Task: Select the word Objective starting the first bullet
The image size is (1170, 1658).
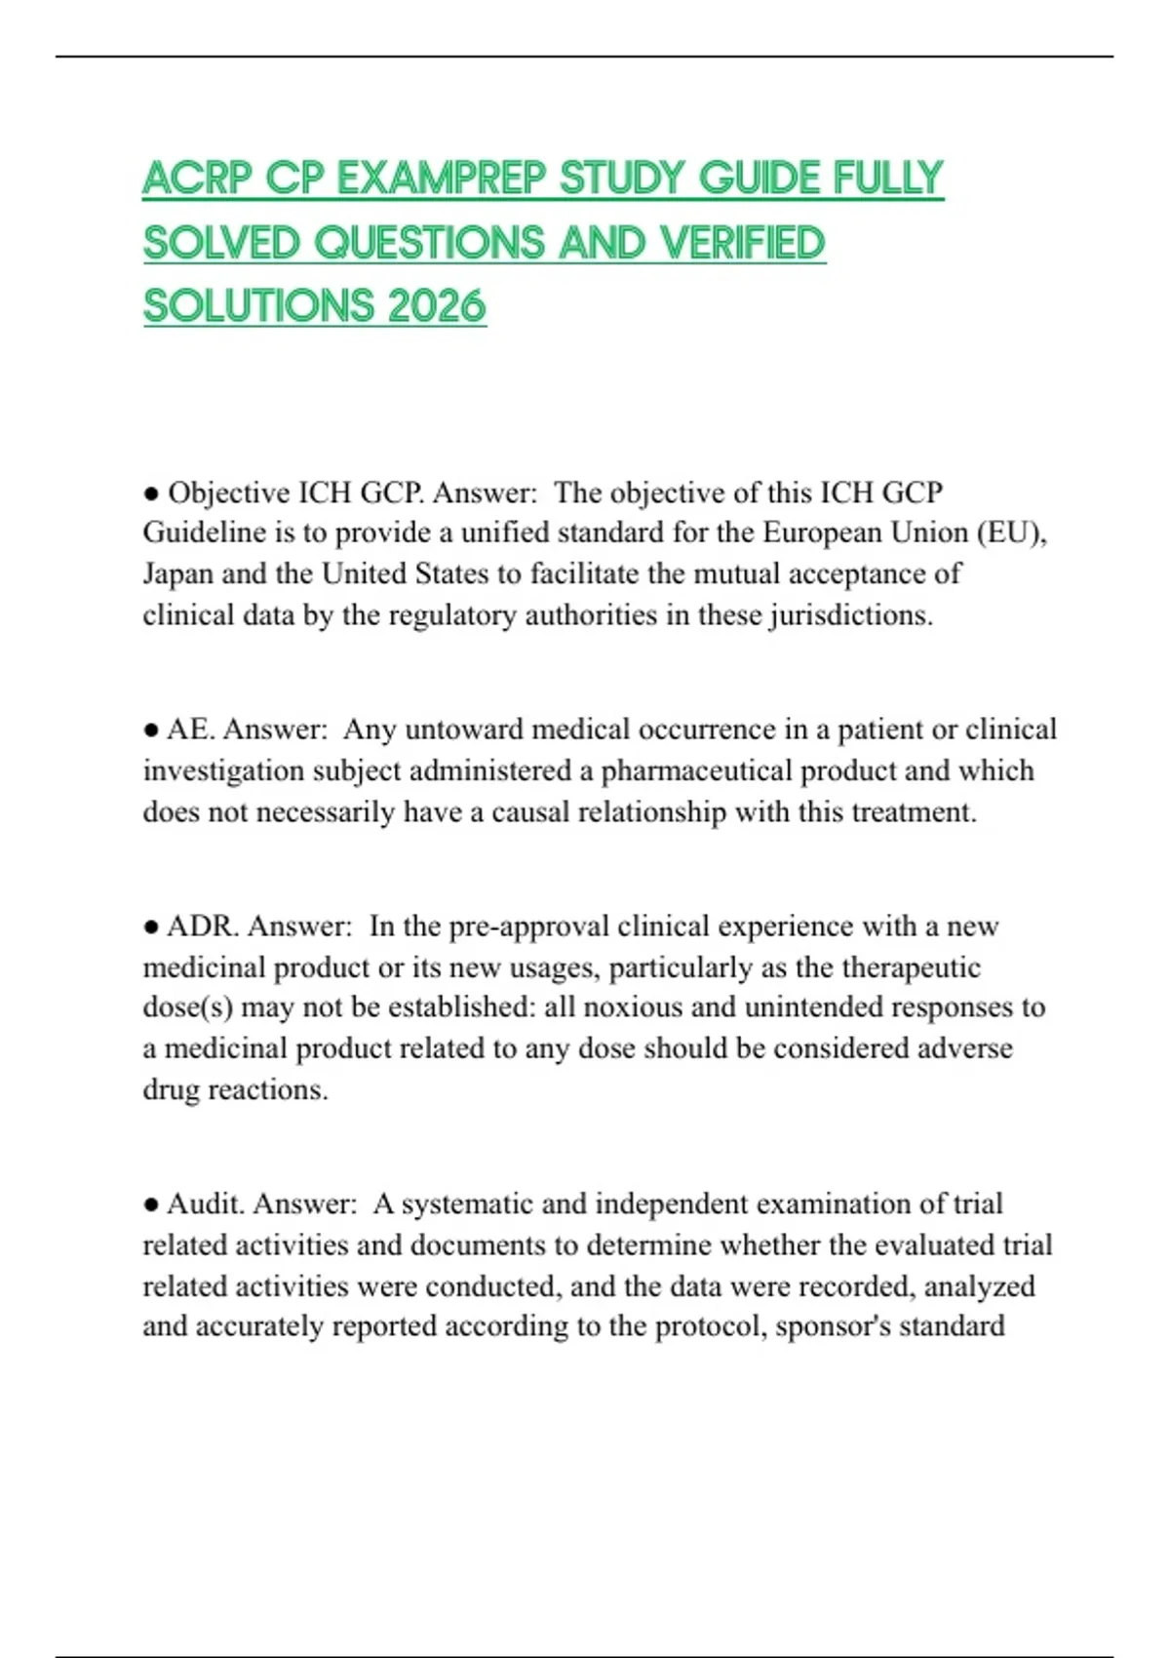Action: tap(229, 493)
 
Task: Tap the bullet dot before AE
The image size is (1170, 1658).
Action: tap(151, 730)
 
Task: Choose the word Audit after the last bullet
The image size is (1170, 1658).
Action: tap(205, 1204)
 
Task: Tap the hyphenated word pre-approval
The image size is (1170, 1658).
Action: tap(528, 926)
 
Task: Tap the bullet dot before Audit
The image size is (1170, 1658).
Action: tap(151, 1204)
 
